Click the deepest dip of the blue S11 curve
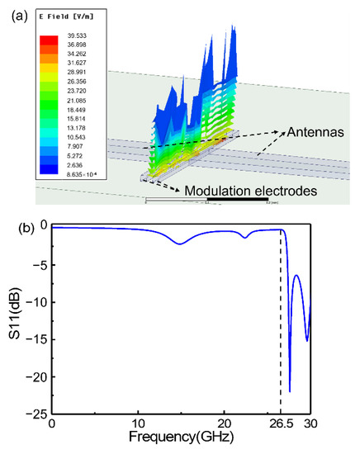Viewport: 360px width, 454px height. pyautogui.click(x=289, y=391)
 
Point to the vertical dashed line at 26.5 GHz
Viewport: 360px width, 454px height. pyautogui.click(x=281, y=330)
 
